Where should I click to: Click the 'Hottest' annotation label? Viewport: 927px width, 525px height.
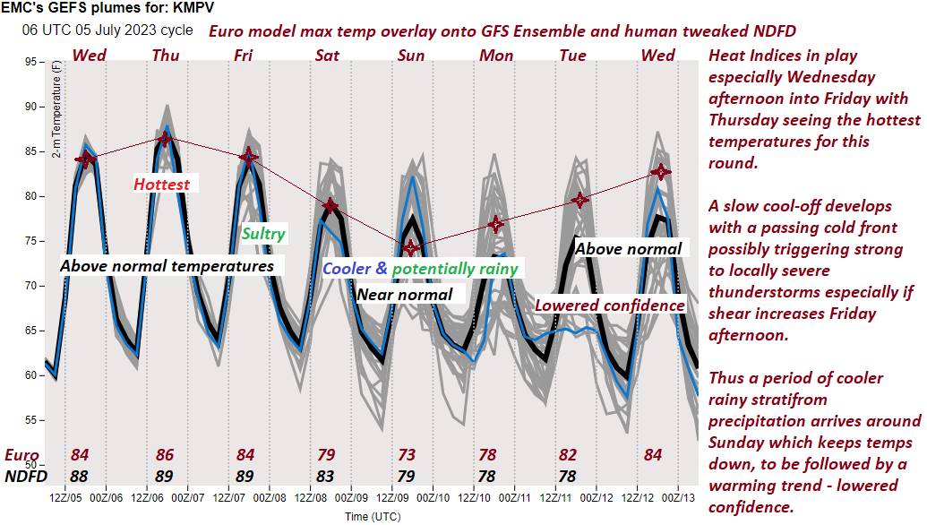click(x=161, y=185)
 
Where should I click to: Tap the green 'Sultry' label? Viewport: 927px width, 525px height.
click(x=263, y=234)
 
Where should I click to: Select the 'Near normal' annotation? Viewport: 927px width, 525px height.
click(x=405, y=294)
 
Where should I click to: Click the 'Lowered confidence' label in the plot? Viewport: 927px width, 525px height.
click(x=610, y=306)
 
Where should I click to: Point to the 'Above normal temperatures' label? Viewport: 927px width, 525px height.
click(x=167, y=266)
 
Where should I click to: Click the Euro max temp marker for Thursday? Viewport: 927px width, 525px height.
click(x=164, y=139)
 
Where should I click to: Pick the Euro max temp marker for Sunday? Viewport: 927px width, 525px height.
click(x=411, y=247)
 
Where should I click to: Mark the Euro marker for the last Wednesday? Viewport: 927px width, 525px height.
click(x=661, y=172)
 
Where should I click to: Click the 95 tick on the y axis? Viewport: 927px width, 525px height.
click(x=30, y=62)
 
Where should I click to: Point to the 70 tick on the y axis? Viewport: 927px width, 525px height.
click(x=30, y=286)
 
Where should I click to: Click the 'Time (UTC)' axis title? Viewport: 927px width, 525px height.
click(x=374, y=517)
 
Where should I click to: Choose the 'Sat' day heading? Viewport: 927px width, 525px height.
click(x=327, y=56)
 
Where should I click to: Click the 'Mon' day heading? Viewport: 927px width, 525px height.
click(x=496, y=56)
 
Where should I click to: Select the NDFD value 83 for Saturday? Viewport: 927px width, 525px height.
click(x=328, y=476)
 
